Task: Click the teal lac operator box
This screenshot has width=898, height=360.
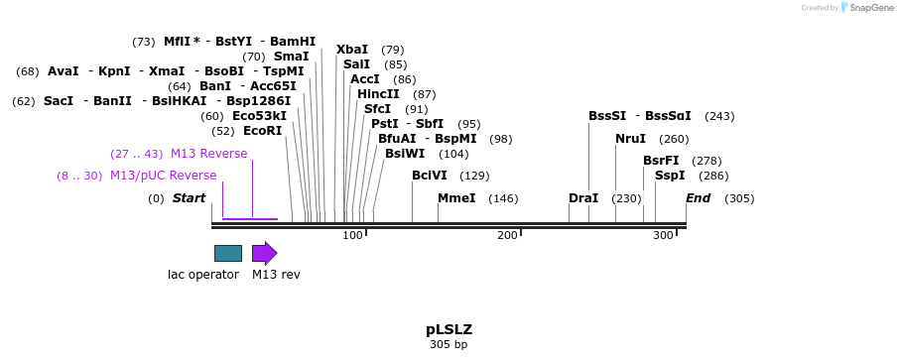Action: tap(227, 253)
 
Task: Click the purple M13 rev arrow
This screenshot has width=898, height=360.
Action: tap(264, 253)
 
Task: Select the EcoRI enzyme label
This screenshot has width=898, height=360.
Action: tap(262, 131)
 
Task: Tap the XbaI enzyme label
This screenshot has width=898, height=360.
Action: tap(352, 50)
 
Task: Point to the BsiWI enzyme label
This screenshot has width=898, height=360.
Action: tap(405, 154)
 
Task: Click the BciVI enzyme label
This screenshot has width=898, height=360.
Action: tap(430, 176)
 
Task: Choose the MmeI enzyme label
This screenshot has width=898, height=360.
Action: tap(456, 198)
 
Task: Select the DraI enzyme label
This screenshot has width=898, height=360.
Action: tap(583, 198)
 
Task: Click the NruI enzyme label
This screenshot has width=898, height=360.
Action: tap(630, 139)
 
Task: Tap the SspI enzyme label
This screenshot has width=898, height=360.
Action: tap(670, 176)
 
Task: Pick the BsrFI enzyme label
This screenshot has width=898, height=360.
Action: tap(661, 161)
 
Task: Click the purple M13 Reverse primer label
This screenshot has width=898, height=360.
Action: tap(208, 154)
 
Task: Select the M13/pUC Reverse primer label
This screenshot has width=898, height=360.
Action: tap(163, 176)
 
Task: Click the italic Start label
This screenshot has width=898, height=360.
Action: tap(189, 198)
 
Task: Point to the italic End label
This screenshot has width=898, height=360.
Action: tap(698, 198)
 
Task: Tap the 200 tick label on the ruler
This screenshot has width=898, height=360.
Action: tap(507, 235)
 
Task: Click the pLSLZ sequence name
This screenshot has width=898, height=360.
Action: tap(449, 329)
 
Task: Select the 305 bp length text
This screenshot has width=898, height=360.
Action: tap(449, 345)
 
